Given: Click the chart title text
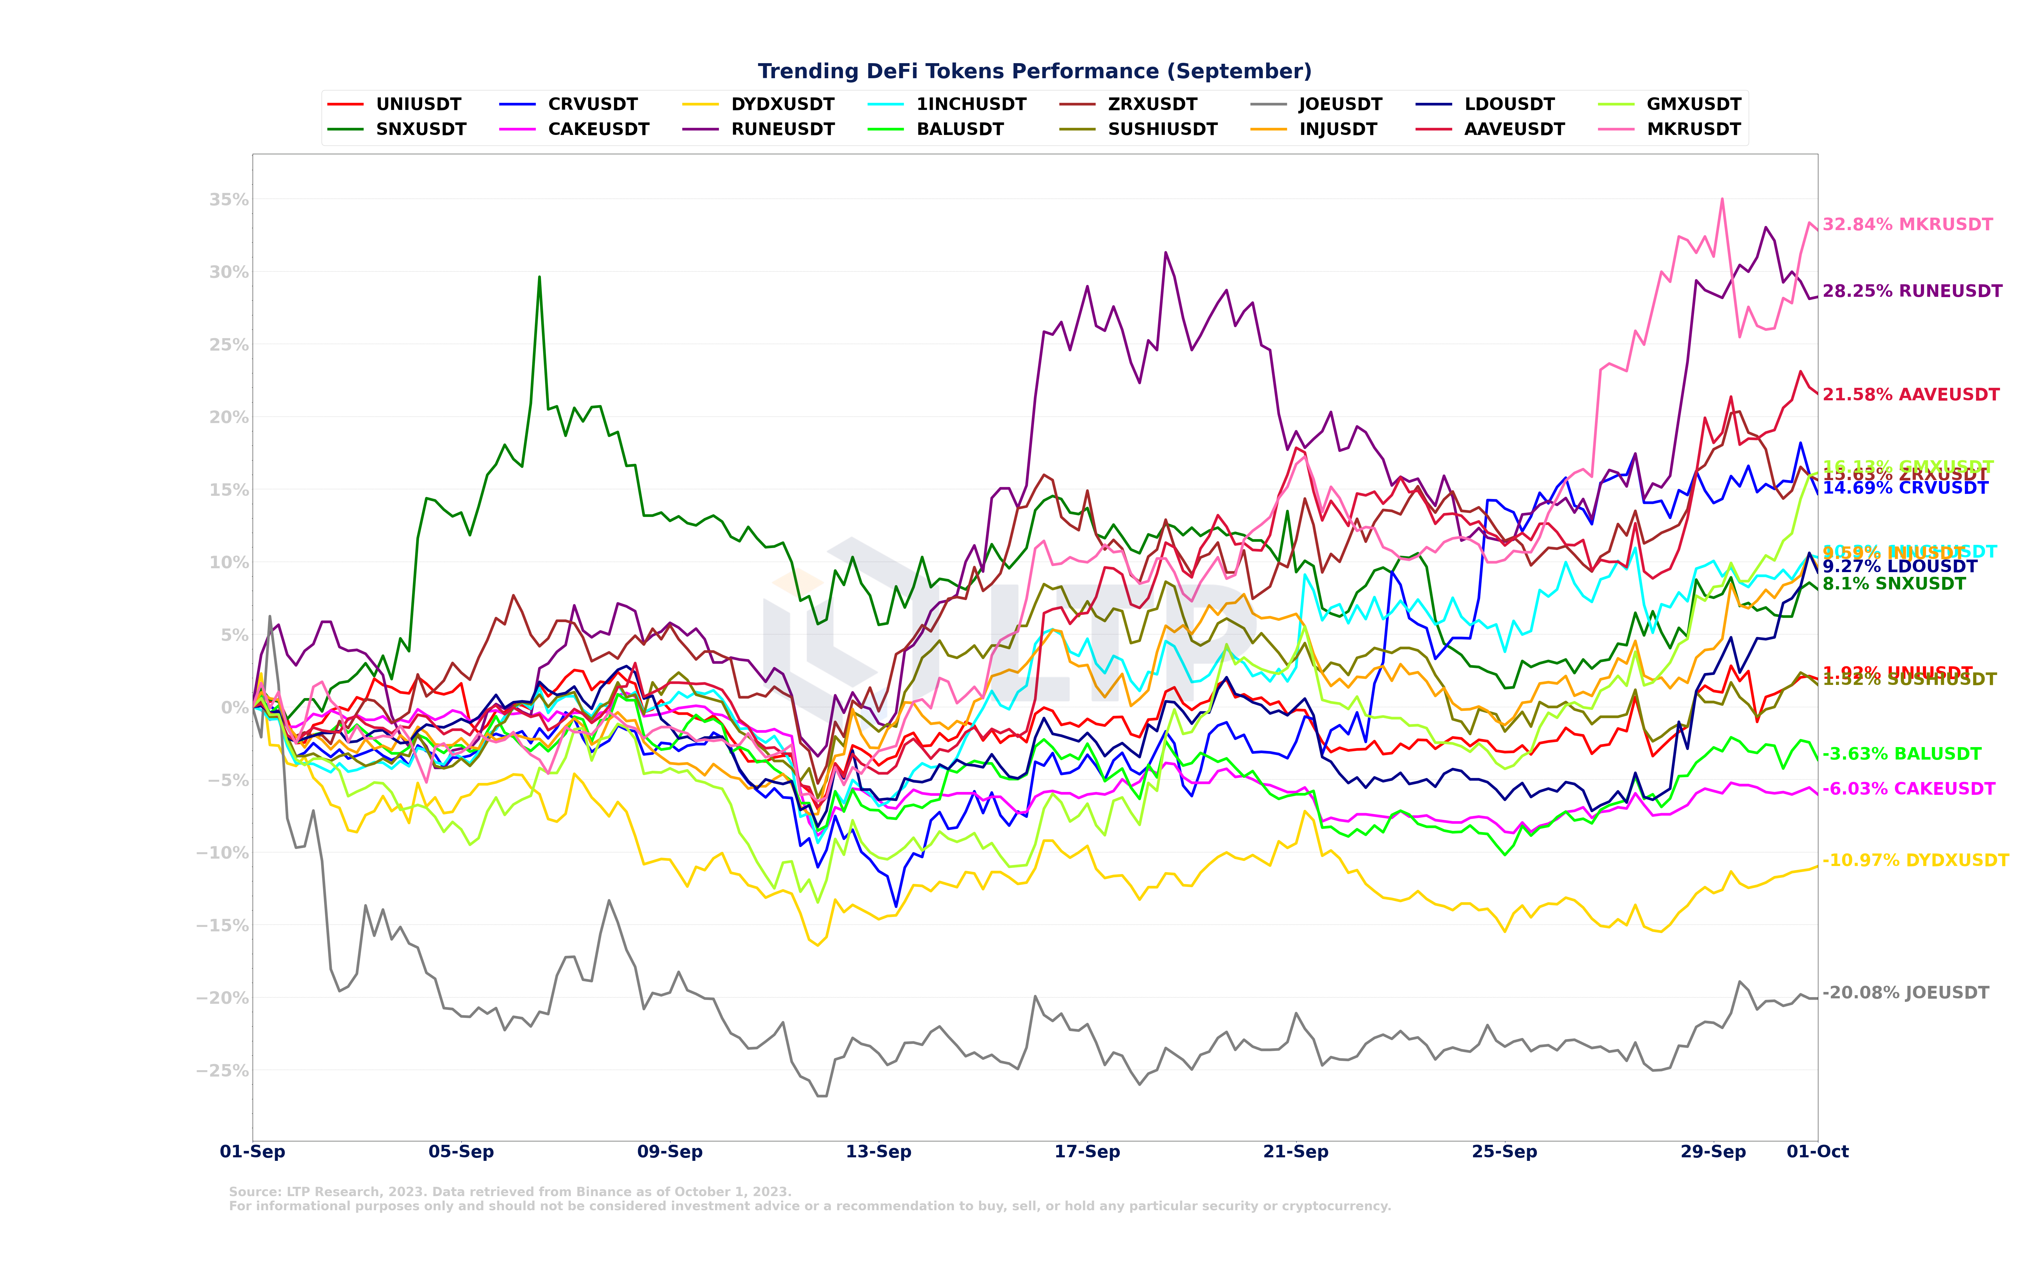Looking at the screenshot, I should [1034, 71].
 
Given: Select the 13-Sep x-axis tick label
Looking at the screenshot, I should [878, 1151].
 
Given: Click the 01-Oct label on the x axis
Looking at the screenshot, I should [1817, 1151].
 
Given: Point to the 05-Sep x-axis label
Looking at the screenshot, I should [461, 1151].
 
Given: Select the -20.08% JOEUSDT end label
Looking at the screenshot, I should [1905, 993].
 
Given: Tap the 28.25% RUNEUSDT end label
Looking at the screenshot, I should [1912, 291].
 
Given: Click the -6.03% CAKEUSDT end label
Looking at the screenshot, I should [1908, 789].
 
